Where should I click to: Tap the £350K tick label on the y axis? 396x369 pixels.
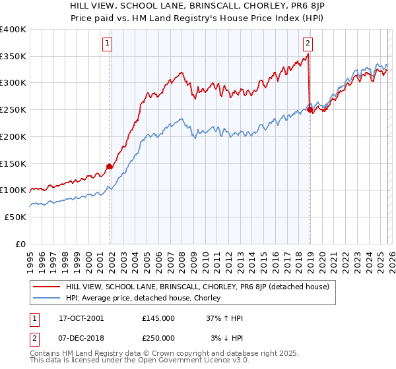(x=13, y=56)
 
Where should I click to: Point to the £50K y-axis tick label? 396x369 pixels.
(x=15, y=217)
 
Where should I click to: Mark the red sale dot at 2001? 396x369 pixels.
(x=110, y=166)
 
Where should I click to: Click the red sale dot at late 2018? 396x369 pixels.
(x=310, y=110)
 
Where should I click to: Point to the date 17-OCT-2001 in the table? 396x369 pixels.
(x=81, y=318)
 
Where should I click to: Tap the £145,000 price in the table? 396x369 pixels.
(x=158, y=318)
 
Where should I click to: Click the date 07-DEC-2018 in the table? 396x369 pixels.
(x=81, y=338)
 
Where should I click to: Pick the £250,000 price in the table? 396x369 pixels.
(x=158, y=338)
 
